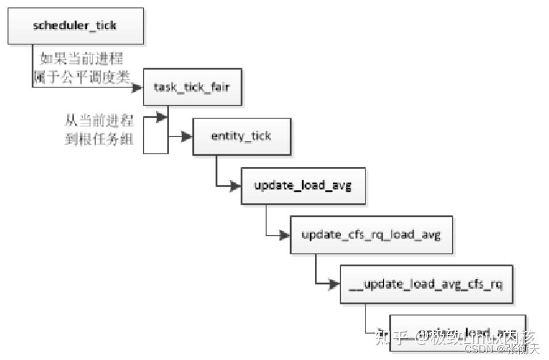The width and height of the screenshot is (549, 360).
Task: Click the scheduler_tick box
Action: tap(75, 26)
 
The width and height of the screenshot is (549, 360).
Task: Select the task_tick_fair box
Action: tap(192, 87)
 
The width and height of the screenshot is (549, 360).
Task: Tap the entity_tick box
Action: tap(241, 136)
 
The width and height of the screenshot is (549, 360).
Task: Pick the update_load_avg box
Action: tap(303, 186)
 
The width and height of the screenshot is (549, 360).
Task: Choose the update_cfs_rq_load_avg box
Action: tap(371, 235)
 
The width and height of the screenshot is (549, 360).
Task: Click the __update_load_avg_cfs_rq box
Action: tap(426, 284)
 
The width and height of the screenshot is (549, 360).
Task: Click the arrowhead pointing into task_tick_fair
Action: tap(137, 87)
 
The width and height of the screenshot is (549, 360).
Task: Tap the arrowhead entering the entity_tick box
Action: tap(186, 137)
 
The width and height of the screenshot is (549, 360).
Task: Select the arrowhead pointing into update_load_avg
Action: tap(235, 186)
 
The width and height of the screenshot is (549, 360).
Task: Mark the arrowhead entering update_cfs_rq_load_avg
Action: tap(284, 235)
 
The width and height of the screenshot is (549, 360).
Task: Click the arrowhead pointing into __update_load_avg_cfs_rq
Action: tap(334, 284)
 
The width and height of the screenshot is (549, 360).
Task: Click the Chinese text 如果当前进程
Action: tap(81, 59)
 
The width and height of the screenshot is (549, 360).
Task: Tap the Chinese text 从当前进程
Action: tap(100, 121)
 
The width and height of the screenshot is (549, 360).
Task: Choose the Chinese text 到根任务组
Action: tap(100, 139)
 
